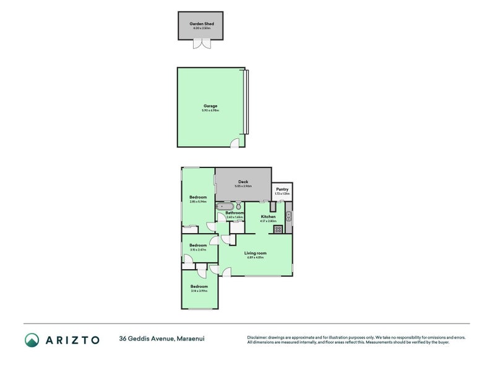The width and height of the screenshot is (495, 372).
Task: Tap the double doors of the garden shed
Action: (x=200, y=44)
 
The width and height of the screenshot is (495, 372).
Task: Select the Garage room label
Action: (x=210, y=105)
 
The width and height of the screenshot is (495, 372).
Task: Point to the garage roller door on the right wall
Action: (x=247, y=102)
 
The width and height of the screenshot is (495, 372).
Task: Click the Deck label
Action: (x=243, y=182)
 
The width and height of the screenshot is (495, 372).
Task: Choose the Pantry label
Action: (x=282, y=189)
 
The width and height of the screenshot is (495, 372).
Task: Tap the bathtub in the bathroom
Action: (x=224, y=206)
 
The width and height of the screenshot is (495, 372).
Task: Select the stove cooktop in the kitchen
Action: (x=278, y=229)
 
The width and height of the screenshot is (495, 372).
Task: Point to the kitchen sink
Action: (x=289, y=216)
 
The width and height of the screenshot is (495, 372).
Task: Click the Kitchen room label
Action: (x=268, y=216)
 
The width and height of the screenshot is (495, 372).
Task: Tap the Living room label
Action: (x=255, y=253)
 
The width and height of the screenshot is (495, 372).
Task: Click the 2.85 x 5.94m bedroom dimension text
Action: (x=198, y=201)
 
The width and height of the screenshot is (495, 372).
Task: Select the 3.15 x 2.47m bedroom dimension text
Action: (x=198, y=250)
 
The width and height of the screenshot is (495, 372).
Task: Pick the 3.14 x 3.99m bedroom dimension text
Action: (x=199, y=290)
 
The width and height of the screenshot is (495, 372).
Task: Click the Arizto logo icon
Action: (x=33, y=339)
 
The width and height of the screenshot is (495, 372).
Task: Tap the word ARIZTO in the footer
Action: (x=73, y=339)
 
